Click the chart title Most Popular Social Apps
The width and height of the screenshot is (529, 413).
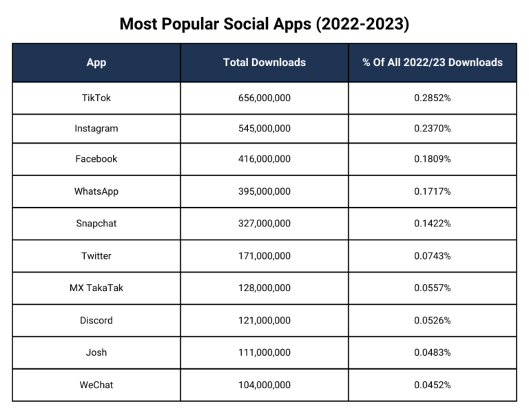264,23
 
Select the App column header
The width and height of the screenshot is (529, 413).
96,63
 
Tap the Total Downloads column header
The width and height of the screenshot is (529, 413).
264,63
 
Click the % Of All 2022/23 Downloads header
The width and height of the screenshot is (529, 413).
433,63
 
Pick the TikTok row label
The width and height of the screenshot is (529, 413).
96,98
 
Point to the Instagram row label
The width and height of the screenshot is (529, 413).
96,129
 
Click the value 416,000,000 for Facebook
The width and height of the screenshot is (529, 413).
264,159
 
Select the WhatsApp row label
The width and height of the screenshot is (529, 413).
96,191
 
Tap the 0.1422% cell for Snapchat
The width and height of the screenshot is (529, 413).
433,224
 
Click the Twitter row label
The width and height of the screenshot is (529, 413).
96,256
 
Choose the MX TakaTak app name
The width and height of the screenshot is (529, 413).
96,288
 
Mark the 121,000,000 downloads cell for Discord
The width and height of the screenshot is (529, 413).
264,321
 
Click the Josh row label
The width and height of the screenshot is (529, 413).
96,352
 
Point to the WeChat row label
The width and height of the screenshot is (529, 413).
96,385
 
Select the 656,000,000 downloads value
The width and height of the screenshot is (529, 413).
264,98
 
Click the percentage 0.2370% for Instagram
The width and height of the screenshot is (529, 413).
433,129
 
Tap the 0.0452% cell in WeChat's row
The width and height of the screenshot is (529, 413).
433,385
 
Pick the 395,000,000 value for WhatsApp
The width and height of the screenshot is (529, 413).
264,191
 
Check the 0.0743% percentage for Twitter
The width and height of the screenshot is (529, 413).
433,256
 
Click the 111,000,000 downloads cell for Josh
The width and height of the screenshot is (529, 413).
264,352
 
